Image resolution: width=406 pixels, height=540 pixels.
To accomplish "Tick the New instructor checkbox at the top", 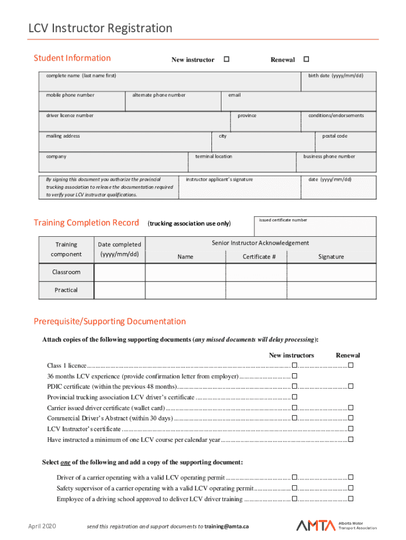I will [226, 60].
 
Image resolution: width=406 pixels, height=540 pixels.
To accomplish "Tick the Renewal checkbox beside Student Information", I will [306, 60].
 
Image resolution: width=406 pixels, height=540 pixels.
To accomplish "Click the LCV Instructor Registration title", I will [100, 28].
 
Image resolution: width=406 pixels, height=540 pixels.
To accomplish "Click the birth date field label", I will [335, 75].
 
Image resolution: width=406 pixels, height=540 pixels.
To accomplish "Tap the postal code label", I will [335, 136].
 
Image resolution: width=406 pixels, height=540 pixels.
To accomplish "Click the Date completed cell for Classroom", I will [120, 272].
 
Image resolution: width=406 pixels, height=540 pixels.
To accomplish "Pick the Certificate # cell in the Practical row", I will [256, 290].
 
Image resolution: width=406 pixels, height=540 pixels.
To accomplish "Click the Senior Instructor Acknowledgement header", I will [260, 243].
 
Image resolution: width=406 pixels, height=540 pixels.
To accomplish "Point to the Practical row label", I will [66, 290].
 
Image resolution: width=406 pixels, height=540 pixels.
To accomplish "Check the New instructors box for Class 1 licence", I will [295, 365].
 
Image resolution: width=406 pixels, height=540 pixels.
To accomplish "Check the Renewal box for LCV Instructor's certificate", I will [351, 429].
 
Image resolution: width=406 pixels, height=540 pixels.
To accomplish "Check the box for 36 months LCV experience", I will [295, 376].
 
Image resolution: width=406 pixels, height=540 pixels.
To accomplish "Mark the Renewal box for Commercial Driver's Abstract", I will [351, 418].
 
